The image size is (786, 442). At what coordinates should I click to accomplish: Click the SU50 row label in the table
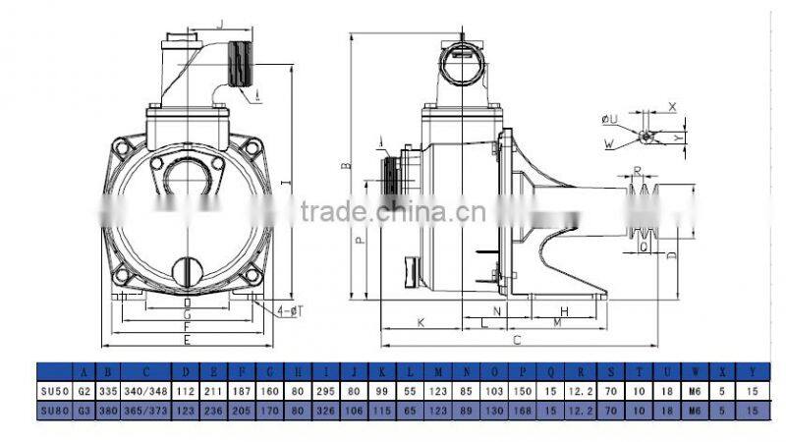[x=56, y=390]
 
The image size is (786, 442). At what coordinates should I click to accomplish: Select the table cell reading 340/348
[x=146, y=390]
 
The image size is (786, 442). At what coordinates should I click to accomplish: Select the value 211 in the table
[x=208, y=390]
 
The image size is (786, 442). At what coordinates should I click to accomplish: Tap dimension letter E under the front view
[x=188, y=339]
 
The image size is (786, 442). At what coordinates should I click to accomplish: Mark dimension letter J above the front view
[x=221, y=23]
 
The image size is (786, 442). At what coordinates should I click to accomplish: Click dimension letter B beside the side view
[x=345, y=167]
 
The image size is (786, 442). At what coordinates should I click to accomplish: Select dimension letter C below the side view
[x=517, y=340]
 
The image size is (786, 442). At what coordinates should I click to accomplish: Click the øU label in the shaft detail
[x=609, y=119]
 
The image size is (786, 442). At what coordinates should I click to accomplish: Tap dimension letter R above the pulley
[x=638, y=170]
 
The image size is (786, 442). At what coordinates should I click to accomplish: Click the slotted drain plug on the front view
[x=188, y=268]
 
